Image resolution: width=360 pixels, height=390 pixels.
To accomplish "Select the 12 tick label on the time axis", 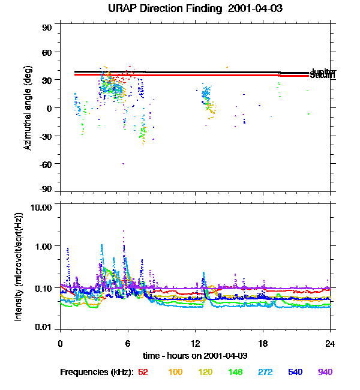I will coord(195,343).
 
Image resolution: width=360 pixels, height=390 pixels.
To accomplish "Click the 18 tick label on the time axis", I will coord(263,343).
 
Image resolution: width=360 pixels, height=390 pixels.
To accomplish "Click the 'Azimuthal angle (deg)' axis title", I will coord(28,108).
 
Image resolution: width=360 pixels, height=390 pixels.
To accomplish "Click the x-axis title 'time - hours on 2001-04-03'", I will coord(195,356).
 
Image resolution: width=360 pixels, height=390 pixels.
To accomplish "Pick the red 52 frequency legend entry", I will coord(143,372).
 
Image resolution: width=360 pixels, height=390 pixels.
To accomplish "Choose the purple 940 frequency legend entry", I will coord(325,372).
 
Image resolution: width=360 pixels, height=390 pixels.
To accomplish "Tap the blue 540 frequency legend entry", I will coord(295,372).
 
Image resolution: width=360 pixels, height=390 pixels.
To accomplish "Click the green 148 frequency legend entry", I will coord(235,372).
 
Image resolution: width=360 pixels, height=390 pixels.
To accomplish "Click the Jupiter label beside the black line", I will coord(319,72).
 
